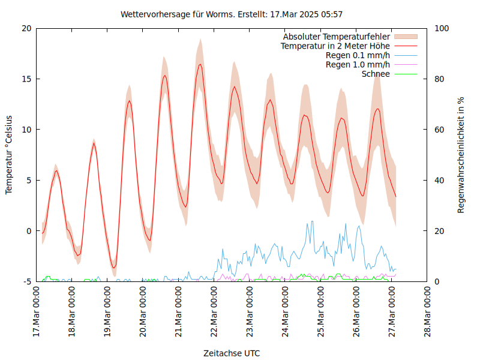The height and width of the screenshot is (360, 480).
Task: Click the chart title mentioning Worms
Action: tap(231, 14)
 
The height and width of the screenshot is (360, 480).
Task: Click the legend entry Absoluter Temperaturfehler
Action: tap(336, 37)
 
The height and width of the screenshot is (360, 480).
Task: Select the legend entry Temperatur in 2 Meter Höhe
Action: tap(335, 46)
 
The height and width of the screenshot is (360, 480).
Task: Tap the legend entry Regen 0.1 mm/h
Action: tap(358, 55)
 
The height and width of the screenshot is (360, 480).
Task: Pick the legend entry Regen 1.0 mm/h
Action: tap(358, 64)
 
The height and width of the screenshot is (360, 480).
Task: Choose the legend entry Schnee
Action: tap(376, 74)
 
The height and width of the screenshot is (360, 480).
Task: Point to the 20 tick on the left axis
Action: tap(26, 28)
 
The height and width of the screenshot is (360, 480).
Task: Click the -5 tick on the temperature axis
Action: tap(27, 281)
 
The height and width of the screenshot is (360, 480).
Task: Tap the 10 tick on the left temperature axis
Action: tap(26, 130)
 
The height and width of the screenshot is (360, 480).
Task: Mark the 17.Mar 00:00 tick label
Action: tap(36, 312)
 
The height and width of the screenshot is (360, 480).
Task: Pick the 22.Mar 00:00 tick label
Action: tap(214, 312)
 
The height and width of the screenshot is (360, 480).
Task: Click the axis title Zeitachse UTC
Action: tap(232, 353)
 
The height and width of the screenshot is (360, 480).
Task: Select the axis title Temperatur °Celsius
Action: tap(9, 155)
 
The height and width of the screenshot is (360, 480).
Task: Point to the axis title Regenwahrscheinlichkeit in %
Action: tap(461, 155)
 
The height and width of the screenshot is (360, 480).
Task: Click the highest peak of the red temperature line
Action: tap(200, 64)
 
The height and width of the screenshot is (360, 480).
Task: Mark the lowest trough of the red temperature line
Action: tap(113, 268)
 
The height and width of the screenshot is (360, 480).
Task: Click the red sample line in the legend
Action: tap(406, 46)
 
